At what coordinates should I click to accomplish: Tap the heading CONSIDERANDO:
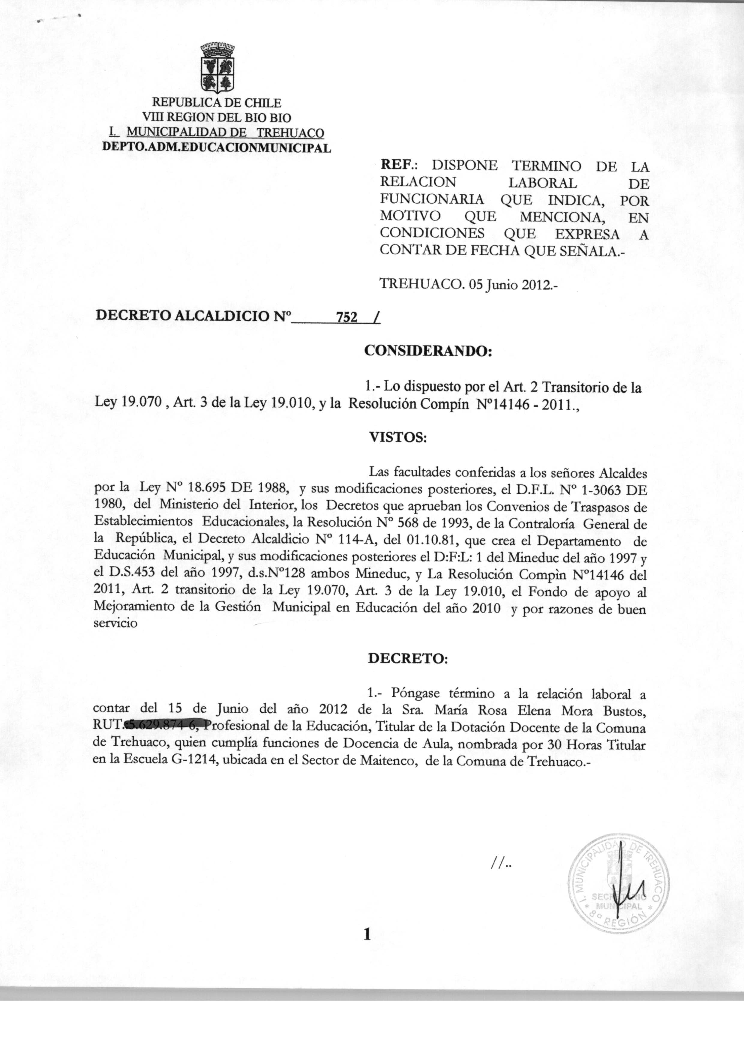click(x=427, y=351)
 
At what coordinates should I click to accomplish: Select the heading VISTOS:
click(x=398, y=437)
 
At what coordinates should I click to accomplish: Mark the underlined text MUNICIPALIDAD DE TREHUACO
click(x=225, y=133)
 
